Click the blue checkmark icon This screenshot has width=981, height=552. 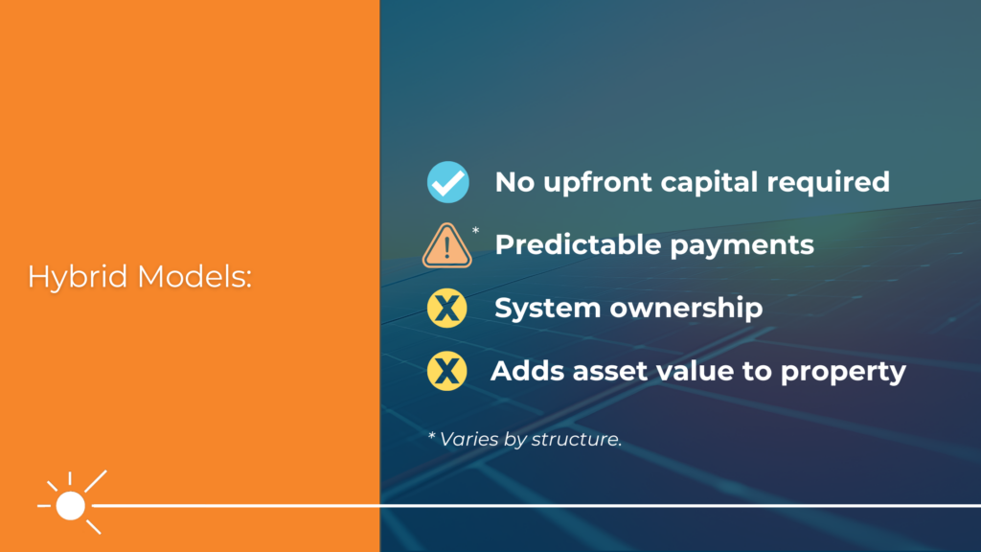point(447,182)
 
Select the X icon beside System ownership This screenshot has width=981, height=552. point(447,309)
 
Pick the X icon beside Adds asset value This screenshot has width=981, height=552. point(447,372)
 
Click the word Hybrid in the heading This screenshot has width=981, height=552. point(80,278)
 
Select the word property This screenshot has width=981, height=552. point(843,373)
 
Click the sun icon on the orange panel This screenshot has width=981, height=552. point(70,504)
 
